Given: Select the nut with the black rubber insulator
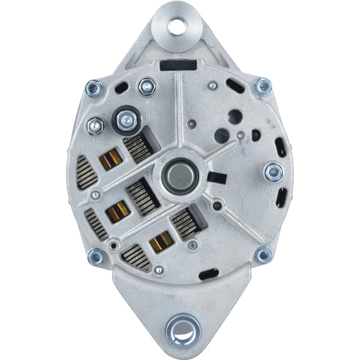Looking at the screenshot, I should click(x=126, y=120).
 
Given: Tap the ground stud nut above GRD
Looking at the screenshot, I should click(x=274, y=172).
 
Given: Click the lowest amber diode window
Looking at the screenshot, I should click(x=161, y=241).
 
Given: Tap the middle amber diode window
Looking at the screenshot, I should click(x=118, y=211).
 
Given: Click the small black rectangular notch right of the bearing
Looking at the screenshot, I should click(x=217, y=177).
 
